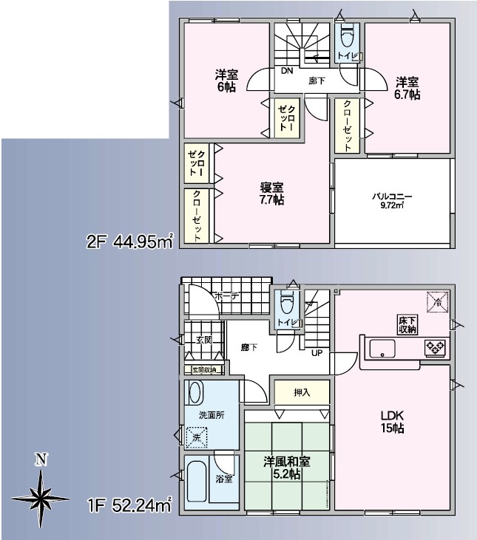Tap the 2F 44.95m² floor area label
point(130,241)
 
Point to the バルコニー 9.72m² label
point(391,199)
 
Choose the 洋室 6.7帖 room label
point(407,88)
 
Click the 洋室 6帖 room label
point(226,80)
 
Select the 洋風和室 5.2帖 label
point(287,468)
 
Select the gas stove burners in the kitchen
point(433,347)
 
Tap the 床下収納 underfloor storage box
point(408,324)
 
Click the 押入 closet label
point(302,392)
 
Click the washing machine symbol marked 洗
point(197,437)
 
